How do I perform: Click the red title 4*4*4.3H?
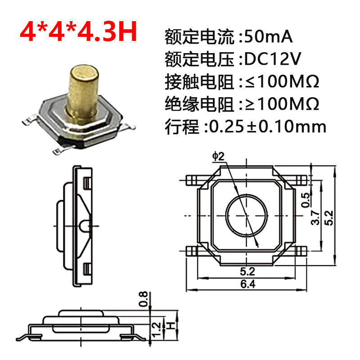pos(78,31)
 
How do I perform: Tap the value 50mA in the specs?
pos(268,37)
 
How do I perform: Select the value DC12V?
pos(273,59)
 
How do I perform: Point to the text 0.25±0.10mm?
pos(267,126)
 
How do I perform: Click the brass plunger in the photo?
pos(83,90)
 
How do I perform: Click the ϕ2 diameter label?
pos(218,156)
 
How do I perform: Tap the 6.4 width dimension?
pos(248,284)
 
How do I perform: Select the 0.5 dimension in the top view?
pos(306,200)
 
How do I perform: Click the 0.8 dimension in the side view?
pos(143,299)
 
